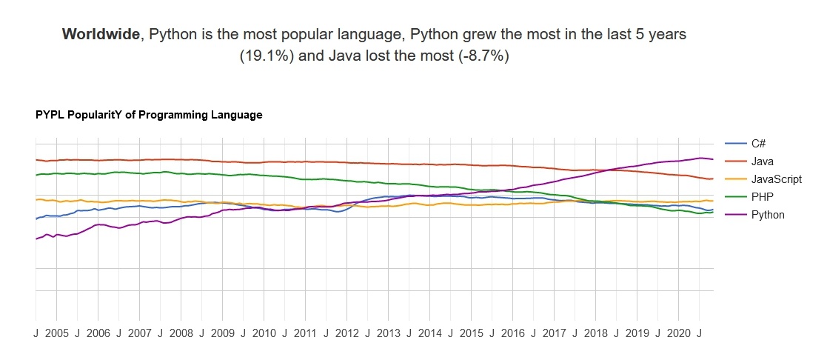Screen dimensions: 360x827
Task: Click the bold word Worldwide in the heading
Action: tap(101, 34)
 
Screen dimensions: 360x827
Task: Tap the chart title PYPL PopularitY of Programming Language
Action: tap(149, 116)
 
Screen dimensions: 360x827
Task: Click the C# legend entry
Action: tap(758, 143)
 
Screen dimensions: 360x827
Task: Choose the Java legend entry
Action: tap(763, 161)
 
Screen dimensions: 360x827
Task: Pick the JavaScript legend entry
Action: tap(776, 179)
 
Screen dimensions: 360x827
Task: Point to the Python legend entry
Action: tap(768, 215)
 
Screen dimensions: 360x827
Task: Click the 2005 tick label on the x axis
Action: tap(56, 333)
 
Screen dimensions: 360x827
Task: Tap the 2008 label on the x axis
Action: tap(181, 333)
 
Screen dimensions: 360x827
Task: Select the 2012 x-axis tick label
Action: tap(346, 333)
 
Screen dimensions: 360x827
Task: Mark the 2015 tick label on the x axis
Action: tap(471, 333)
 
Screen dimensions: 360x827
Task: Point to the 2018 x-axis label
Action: tap(595, 333)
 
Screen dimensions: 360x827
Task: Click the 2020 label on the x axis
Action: tap(678, 333)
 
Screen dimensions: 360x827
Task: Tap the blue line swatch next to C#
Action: tap(735, 143)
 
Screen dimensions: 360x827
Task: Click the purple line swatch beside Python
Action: tap(735, 215)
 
